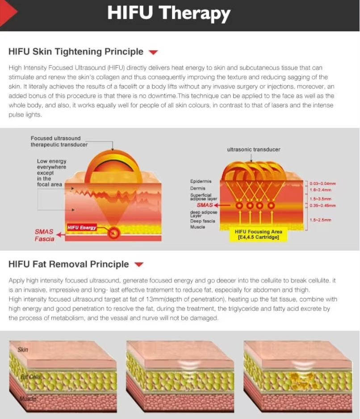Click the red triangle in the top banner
pos(8,12)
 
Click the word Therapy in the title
pos(194,14)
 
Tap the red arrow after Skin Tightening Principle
pos(153,52)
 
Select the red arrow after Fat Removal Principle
pos(139,264)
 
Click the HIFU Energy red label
pos(82,227)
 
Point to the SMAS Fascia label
pos(44,235)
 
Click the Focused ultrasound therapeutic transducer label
pos(59,141)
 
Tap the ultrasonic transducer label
pos(254,149)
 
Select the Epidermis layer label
pos(201,181)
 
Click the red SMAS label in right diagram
pos(205,205)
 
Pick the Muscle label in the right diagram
pos(197,227)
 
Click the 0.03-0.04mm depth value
pos(322,184)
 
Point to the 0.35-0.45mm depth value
pos(322,205)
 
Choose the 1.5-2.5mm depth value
pos(320,220)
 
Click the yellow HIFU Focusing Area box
pos(258,235)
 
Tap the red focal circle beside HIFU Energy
pos(114,233)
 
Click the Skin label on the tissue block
pos(23,349)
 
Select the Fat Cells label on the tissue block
pos(31,377)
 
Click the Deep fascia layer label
pos(203,221)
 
